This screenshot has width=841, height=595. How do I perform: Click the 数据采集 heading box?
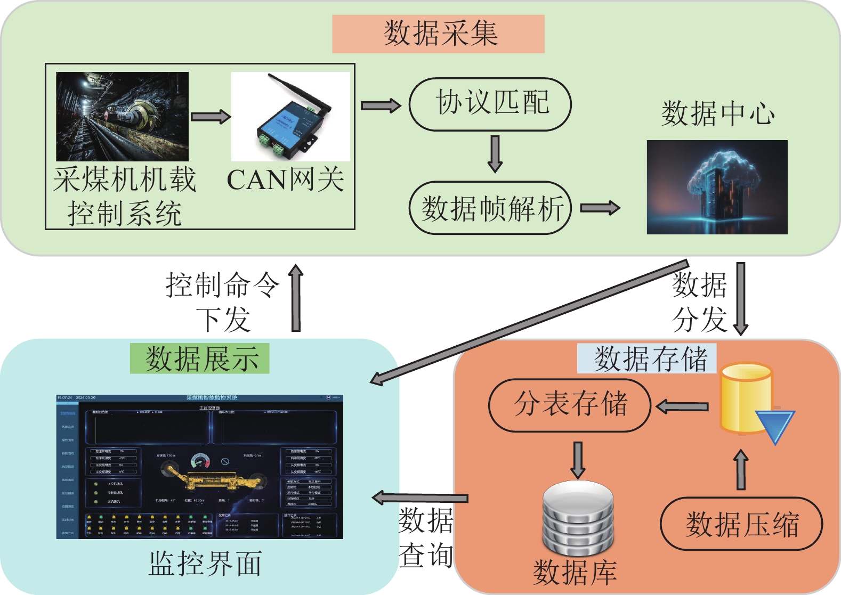[x=438, y=34]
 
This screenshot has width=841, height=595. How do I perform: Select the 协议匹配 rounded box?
[x=490, y=104]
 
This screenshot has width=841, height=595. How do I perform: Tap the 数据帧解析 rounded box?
[x=490, y=208]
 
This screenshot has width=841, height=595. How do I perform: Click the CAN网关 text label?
[x=286, y=180]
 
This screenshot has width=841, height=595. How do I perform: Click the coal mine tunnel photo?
[x=123, y=117]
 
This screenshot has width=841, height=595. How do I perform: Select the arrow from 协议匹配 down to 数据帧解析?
[x=495, y=154]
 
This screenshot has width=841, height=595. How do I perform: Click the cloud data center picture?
[x=717, y=187]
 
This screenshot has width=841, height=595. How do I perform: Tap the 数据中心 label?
[x=717, y=114]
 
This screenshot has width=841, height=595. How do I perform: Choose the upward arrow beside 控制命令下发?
[x=296, y=298]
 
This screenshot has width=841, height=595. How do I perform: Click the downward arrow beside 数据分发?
[x=741, y=298]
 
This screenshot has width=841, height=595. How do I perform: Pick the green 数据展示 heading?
[x=200, y=358]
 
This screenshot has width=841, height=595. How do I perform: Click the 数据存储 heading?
[x=647, y=358]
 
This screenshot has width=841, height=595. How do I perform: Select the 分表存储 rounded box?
[x=570, y=405]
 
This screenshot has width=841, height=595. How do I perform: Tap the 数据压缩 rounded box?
[x=741, y=524]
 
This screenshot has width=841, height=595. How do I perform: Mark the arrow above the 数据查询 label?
[x=420, y=498]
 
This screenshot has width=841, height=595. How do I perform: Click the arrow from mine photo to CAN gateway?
[x=211, y=117]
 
